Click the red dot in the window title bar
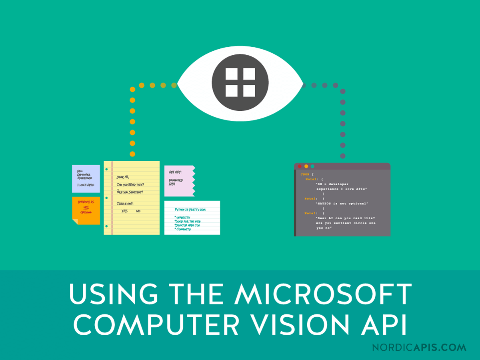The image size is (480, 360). click(300, 166)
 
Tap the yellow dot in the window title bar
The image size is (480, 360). click(306, 166)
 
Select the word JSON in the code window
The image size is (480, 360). click(305, 174)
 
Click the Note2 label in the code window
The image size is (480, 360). click(311, 198)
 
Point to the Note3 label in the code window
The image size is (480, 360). click(311, 213)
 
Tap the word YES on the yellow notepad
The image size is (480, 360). click(124, 211)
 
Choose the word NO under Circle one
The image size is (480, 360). click(138, 211)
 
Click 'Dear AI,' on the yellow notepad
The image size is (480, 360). click(123, 177)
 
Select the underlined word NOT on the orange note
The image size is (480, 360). click(86, 207)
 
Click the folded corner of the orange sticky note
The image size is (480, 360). click(75, 221)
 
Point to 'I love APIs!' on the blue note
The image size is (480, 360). click(84, 184)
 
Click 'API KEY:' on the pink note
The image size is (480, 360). click(175, 172)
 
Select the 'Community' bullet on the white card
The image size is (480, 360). click(183, 230)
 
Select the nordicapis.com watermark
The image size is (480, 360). click(419, 347)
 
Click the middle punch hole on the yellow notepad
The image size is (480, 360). click(106, 198)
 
